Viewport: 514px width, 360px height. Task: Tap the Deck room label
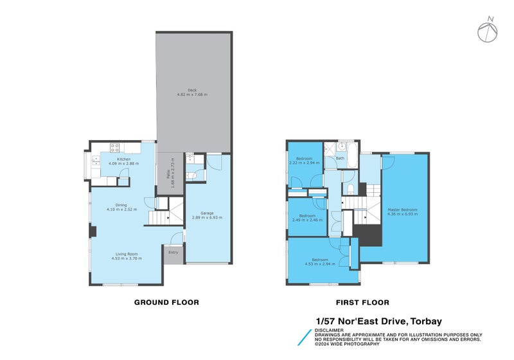[192, 90]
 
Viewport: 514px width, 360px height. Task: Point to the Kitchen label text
[123, 159]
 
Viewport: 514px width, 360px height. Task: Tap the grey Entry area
[173, 253]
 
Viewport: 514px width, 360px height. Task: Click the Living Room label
[127, 254]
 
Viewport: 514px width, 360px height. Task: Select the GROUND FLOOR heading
[166, 302]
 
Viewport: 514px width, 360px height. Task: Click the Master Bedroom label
[403, 209]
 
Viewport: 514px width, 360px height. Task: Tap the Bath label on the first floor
[340, 158]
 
